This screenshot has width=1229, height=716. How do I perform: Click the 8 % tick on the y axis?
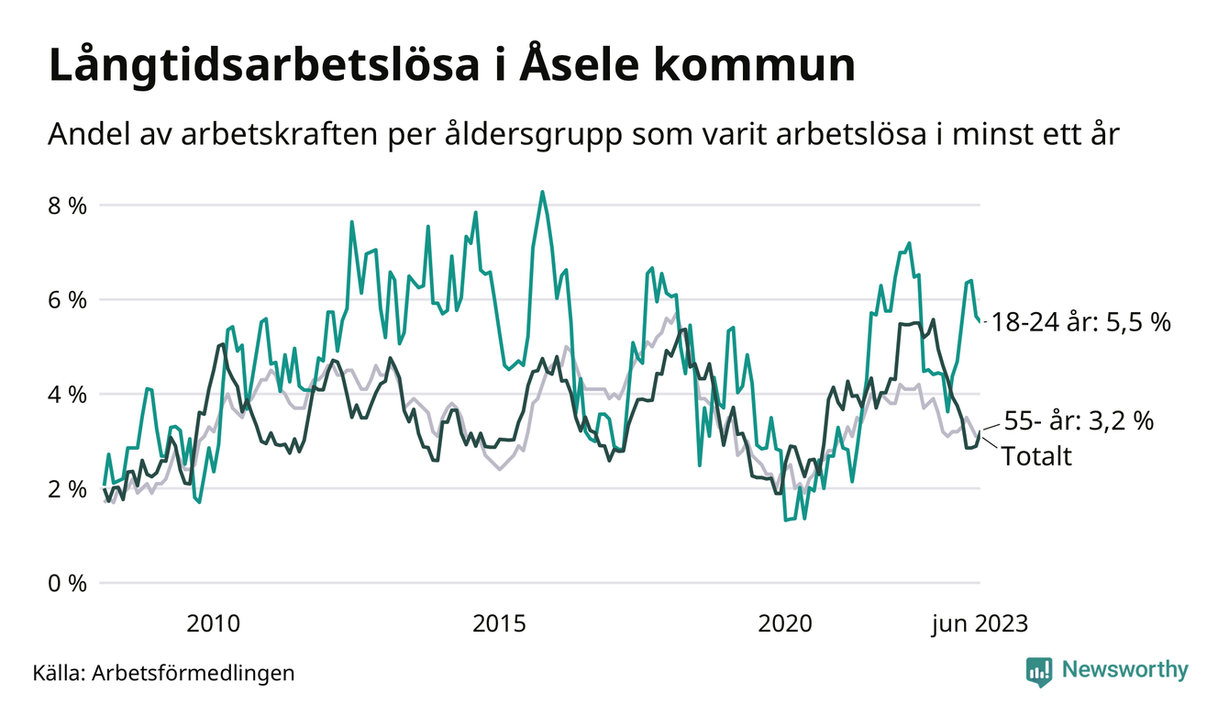coord(69,206)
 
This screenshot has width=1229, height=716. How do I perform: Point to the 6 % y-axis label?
coord(69,300)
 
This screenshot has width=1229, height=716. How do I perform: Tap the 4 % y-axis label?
coord(69,395)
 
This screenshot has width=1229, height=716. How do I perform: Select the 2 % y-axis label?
coord(69,489)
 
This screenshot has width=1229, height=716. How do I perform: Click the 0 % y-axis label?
coord(69,584)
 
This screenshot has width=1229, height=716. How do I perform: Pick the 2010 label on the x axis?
coord(213,624)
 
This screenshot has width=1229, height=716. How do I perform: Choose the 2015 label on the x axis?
coord(499,624)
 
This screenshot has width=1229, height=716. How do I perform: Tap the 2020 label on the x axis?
coord(785,624)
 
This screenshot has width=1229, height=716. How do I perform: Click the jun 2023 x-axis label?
coord(980,624)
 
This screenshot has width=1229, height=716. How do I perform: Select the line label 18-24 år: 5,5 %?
coord(1081,323)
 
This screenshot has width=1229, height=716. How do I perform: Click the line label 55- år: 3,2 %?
coord(1080,421)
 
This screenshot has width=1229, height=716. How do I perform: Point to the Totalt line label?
coord(1036,456)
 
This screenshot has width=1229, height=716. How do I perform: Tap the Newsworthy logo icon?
coord(1039,670)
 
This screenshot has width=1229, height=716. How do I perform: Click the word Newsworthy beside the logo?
coord(1124,670)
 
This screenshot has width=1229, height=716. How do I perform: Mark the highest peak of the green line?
coord(542,192)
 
